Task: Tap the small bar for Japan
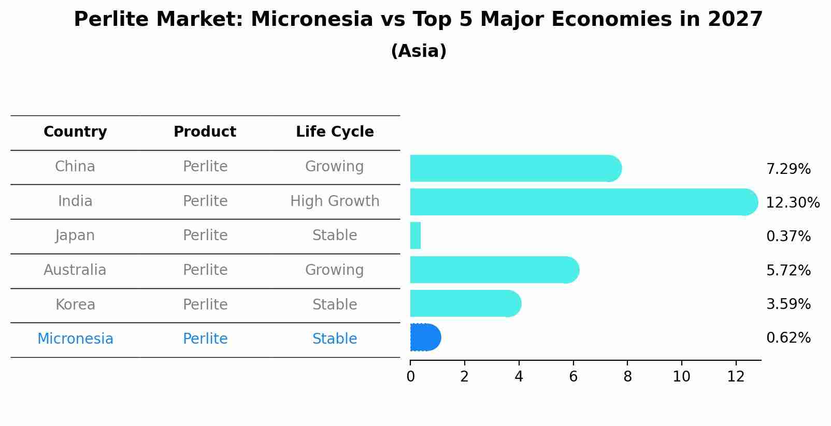415,236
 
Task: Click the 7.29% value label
788,169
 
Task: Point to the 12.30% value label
792,203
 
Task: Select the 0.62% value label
788,338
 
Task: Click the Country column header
75,132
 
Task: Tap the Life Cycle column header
335,132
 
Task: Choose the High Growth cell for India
335,201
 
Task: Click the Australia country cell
75,270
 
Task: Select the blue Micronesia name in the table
75,339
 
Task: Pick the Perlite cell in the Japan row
205,236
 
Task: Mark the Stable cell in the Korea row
335,305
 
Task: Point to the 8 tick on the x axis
627,376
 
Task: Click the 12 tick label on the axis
736,376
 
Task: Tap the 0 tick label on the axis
410,376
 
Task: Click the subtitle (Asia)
419,51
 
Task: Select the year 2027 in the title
735,20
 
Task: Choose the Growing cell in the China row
335,167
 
